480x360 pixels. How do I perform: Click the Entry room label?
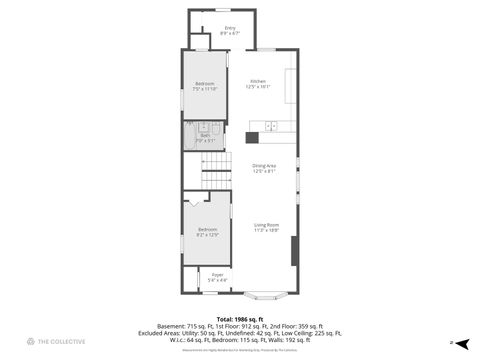coord(230,31)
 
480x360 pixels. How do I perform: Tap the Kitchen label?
coord(258,84)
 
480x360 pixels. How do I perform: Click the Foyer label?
coord(217,276)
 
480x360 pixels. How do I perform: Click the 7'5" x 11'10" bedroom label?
coord(204,86)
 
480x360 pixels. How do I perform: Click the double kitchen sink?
coord(270,127)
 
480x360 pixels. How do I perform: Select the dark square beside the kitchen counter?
coord(253,137)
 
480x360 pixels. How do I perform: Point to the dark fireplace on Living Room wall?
coord(294,249)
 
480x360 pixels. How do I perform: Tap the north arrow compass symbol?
coord(461,343)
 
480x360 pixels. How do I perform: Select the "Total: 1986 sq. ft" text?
coord(240,319)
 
